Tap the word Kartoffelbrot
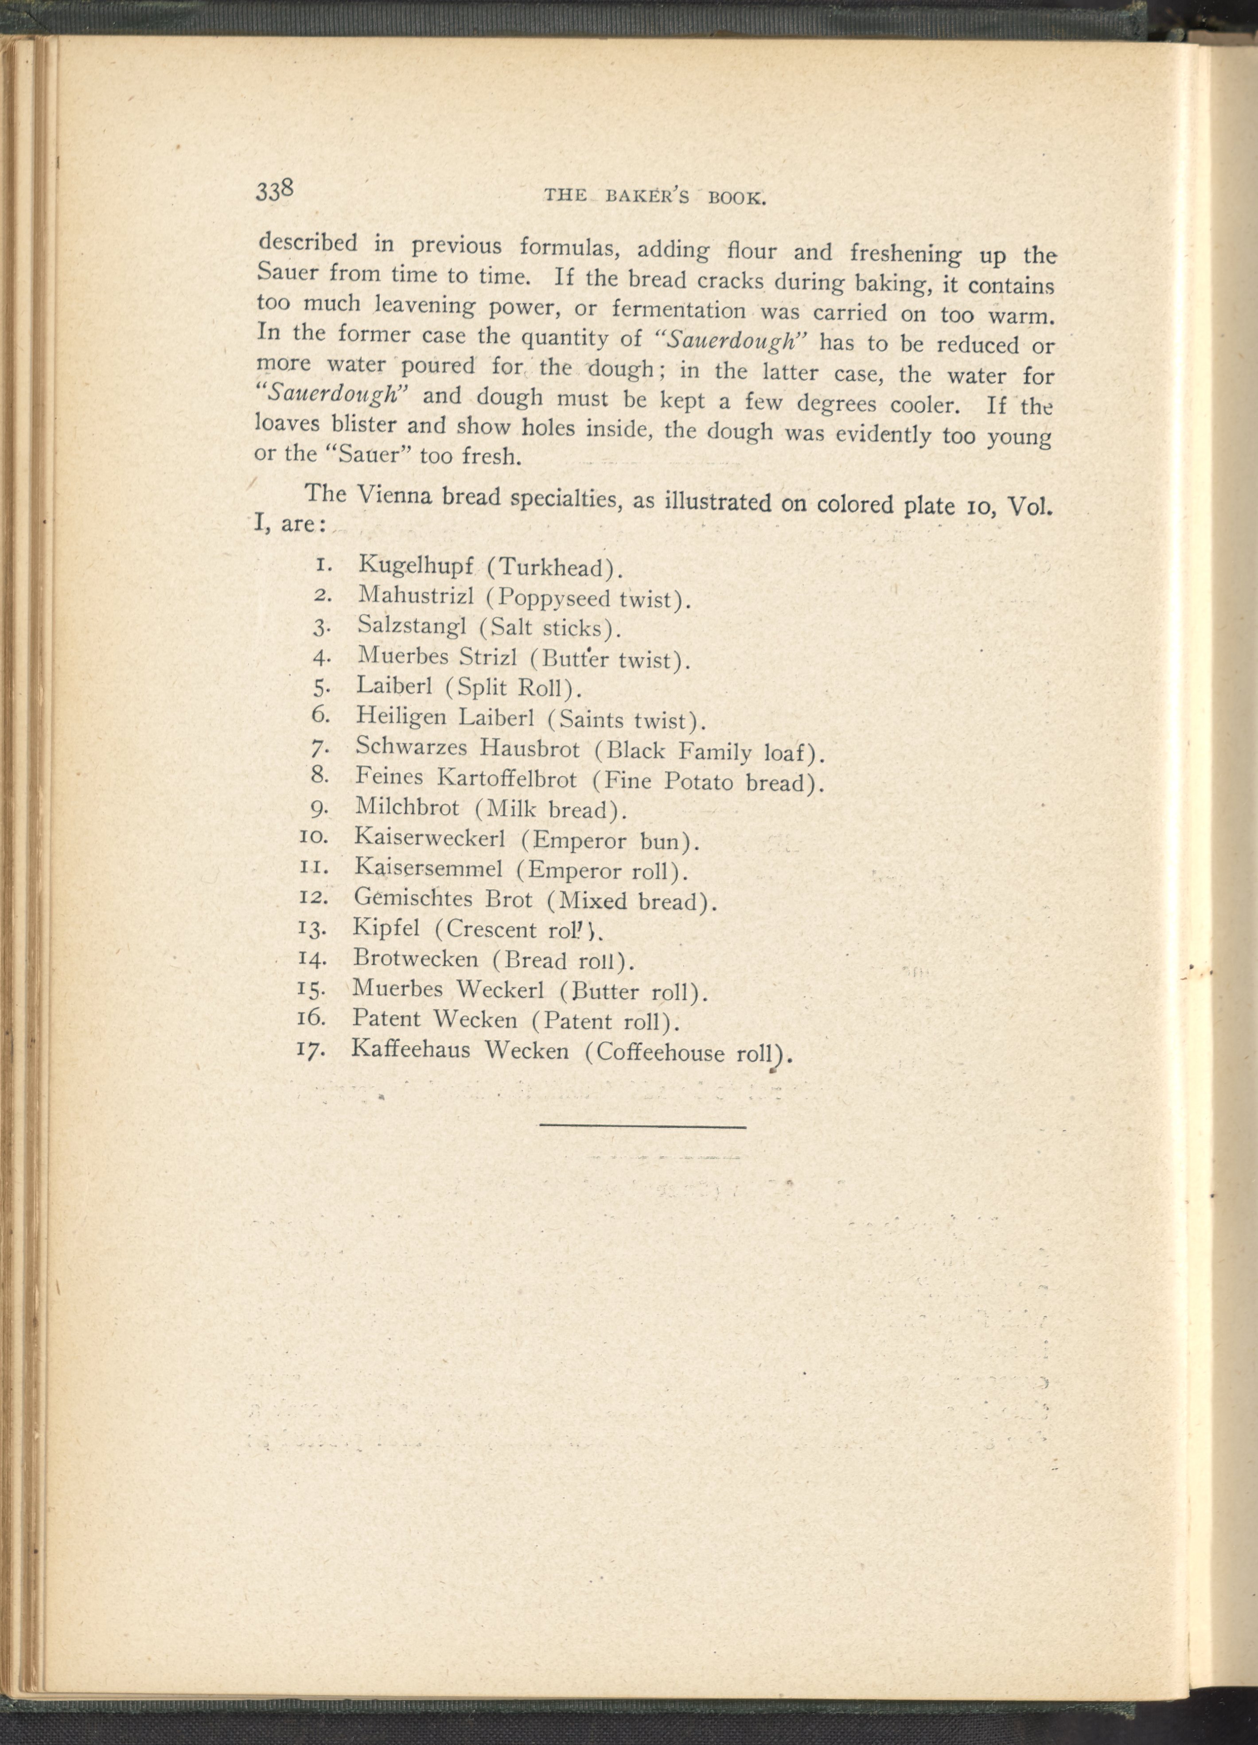click(506, 779)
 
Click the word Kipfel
click(386, 929)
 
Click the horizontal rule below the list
click(643, 1128)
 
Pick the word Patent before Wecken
click(386, 1019)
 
